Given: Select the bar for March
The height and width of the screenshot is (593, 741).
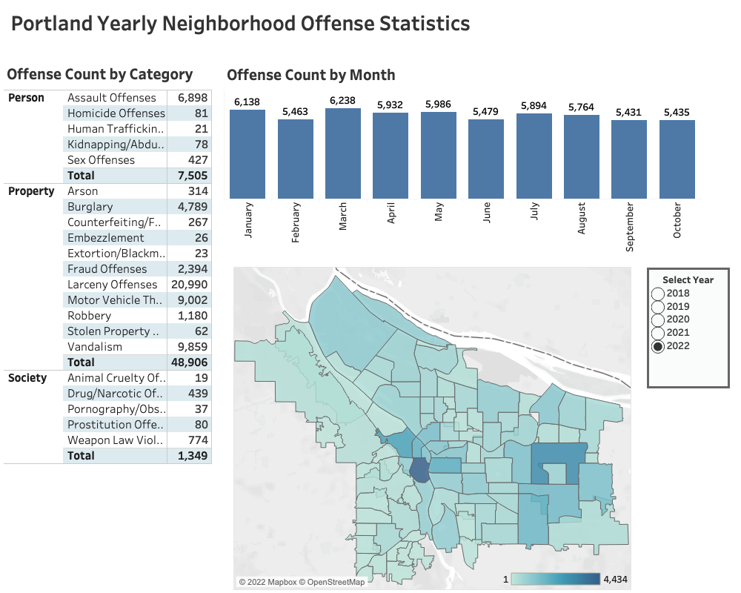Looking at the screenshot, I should coord(343,153).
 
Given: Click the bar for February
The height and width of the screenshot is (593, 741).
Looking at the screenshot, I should coord(296,159).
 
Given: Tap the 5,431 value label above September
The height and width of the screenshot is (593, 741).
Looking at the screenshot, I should coord(628,112).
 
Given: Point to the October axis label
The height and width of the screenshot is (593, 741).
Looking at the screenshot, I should coord(677,221).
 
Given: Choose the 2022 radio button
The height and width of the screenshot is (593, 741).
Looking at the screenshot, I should coord(658,346).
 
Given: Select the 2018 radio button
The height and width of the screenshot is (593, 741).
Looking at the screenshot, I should coord(658,294).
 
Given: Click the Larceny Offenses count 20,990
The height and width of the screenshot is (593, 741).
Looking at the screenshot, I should coord(188,285).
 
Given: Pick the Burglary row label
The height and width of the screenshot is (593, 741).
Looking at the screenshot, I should coord(90,207).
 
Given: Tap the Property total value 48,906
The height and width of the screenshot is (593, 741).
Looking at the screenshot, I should coord(187,362).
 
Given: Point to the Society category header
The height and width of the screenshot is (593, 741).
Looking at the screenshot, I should coord(27,378).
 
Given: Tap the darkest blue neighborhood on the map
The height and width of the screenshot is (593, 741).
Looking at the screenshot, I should coord(419,470).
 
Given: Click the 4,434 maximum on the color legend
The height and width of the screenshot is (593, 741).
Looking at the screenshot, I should coord(616,579).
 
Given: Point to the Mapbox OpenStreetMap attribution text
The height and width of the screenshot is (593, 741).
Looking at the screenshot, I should coord(302,582).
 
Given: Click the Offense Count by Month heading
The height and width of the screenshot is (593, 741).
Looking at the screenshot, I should coord(310,75).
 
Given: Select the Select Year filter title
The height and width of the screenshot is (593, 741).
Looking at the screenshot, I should coord(688,279).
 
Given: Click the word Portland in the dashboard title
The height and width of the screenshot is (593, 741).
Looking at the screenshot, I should coord(51,24).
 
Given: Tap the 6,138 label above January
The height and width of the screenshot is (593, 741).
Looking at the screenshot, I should coord(247,102).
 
